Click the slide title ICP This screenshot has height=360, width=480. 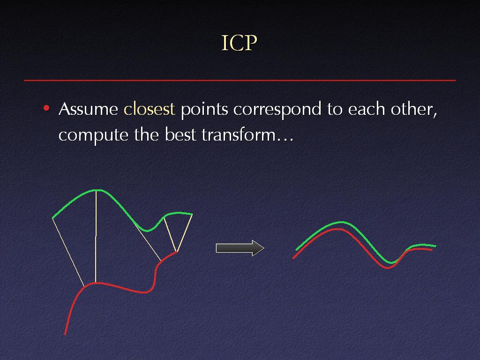pyautogui.click(x=239, y=43)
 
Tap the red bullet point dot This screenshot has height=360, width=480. pyautogui.click(x=46, y=108)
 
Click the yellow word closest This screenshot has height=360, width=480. pyautogui.click(x=149, y=108)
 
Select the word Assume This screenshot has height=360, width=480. pyautogui.click(x=88, y=109)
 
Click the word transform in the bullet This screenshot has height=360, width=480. pyautogui.click(x=239, y=135)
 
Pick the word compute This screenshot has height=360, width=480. pyautogui.click(x=93, y=135)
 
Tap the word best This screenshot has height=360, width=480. pyautogui.click(x=180, y=135)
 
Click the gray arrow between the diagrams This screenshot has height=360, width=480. pyautogui.click(x=240, y=248)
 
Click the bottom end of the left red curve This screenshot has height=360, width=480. pyautogui.click(x=65, y=334)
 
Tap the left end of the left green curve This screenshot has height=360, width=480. pyautogui.click(x=52, y=218)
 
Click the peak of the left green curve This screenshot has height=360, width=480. pyautogui.click(x=97, y=190)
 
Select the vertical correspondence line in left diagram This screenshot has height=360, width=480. pyautogui.click(x=96, y=236)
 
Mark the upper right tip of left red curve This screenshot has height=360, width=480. pyautogui.click(x=177, y=252)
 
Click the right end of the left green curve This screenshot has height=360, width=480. pyautogui.click(x=192, y=214)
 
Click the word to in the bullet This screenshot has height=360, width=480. pyautogui.click(x=335, y=109)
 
